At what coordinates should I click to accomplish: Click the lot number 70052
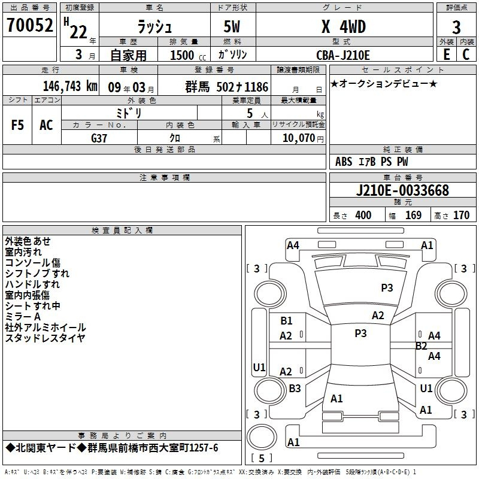pos(29,25)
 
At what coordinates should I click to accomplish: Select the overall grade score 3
pos(456,28)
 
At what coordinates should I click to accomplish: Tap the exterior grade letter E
pos(447,54)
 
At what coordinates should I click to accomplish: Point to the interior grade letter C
pos(466,54)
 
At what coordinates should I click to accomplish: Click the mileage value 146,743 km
pos(70,86)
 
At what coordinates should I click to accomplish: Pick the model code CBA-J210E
pos(343,55)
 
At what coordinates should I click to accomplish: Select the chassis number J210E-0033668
pos(402,190)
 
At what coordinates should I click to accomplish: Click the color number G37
pos(99,138)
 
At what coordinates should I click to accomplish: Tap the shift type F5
pos(17,125)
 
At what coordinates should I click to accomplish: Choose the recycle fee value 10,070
pos(299,138)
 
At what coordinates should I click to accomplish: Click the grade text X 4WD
pos(344,27)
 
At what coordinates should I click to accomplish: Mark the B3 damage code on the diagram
pos(295,388)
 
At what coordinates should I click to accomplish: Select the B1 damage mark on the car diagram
pos(286,321)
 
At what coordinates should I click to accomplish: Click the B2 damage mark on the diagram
pos(421,346)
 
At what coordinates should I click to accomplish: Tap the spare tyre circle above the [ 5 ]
pos(262,437)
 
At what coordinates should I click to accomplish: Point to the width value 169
pos(413,216)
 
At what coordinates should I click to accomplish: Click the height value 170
pos(461,216)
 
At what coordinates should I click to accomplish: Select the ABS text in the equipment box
pos(344,162)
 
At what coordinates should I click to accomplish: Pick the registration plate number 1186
pos(256,87)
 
